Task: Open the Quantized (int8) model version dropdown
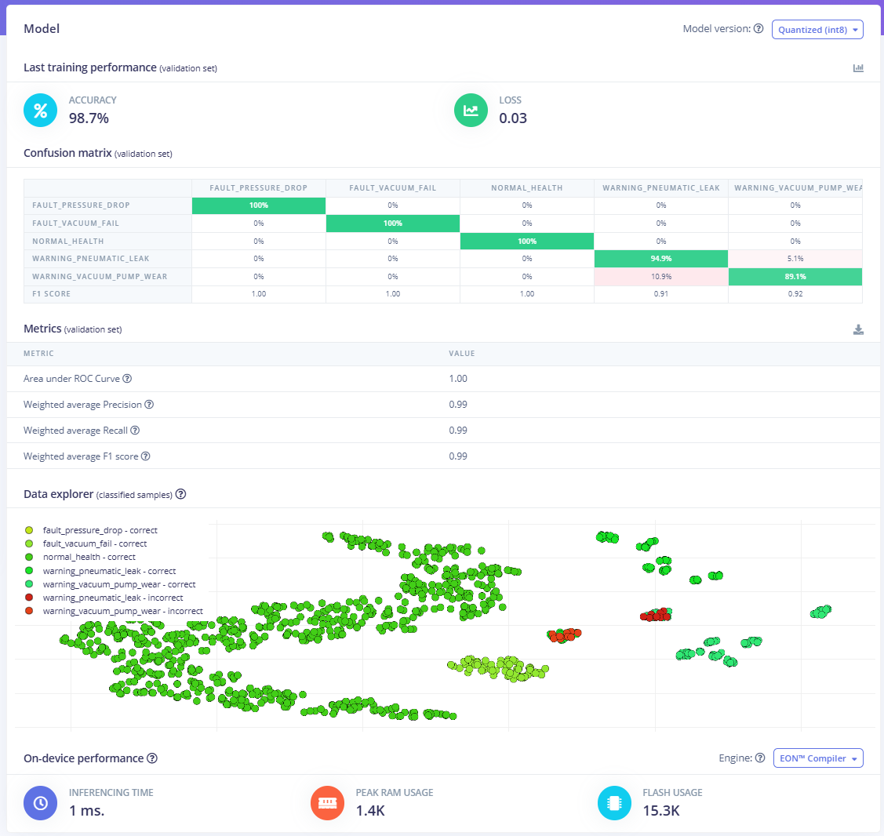click(817, 30)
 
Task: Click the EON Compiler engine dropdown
click(818, 758)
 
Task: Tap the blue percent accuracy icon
click(41, 111)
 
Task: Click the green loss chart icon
click(471, 111)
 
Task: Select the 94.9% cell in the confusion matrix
click(660, 259)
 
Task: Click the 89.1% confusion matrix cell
click(795, 277)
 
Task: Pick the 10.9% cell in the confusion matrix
click(660, 277)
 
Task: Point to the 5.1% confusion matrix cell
click(795, 259)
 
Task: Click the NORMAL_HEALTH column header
click(526, 187)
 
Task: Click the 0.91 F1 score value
click(660, 294)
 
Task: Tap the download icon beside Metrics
click(858, 330)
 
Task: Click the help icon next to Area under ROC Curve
click(127, 379)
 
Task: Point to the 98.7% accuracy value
click(89, 118)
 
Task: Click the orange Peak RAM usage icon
click(327, 803)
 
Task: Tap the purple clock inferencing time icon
click(41, 803)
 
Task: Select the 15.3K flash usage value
click(660, 811)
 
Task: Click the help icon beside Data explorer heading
click(180, 494)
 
